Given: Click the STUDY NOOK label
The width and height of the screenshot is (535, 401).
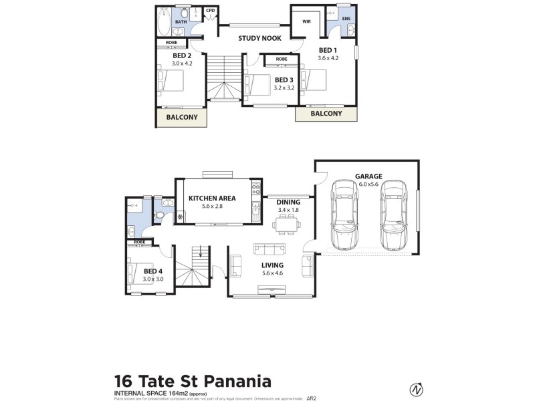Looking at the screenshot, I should pyautogui.click(x=259, y=38).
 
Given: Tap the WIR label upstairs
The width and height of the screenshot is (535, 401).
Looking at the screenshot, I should pyautogui.click(x=306, y=21).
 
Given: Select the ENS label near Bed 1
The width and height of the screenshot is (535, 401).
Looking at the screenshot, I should pyautogui.click(x=346, y=19).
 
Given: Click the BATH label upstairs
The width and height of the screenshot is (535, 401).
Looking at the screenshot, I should pyautogui.click(x=181, y=22).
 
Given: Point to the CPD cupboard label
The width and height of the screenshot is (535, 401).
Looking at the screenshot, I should pyautogui.click(x=211, y=10).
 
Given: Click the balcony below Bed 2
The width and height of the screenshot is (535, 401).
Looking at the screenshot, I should pyautogui.click(x=181, y=117).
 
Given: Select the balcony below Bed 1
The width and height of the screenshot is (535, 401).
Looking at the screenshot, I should pyautogui.click(x=326, y=114).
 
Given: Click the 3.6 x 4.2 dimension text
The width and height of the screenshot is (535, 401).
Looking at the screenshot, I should pyautogui.click(x=328, y=58).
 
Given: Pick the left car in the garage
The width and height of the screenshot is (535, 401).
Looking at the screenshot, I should pyautogui.click(x=345, y=213).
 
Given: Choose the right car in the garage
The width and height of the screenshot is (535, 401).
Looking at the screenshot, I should pyautogui.click(x=393, y=213).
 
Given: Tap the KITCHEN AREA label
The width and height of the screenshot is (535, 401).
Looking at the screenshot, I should pyautogui.click(x=211, y=198).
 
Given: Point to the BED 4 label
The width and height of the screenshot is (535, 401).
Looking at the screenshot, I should pyautogui.click(x=153, y=271).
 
